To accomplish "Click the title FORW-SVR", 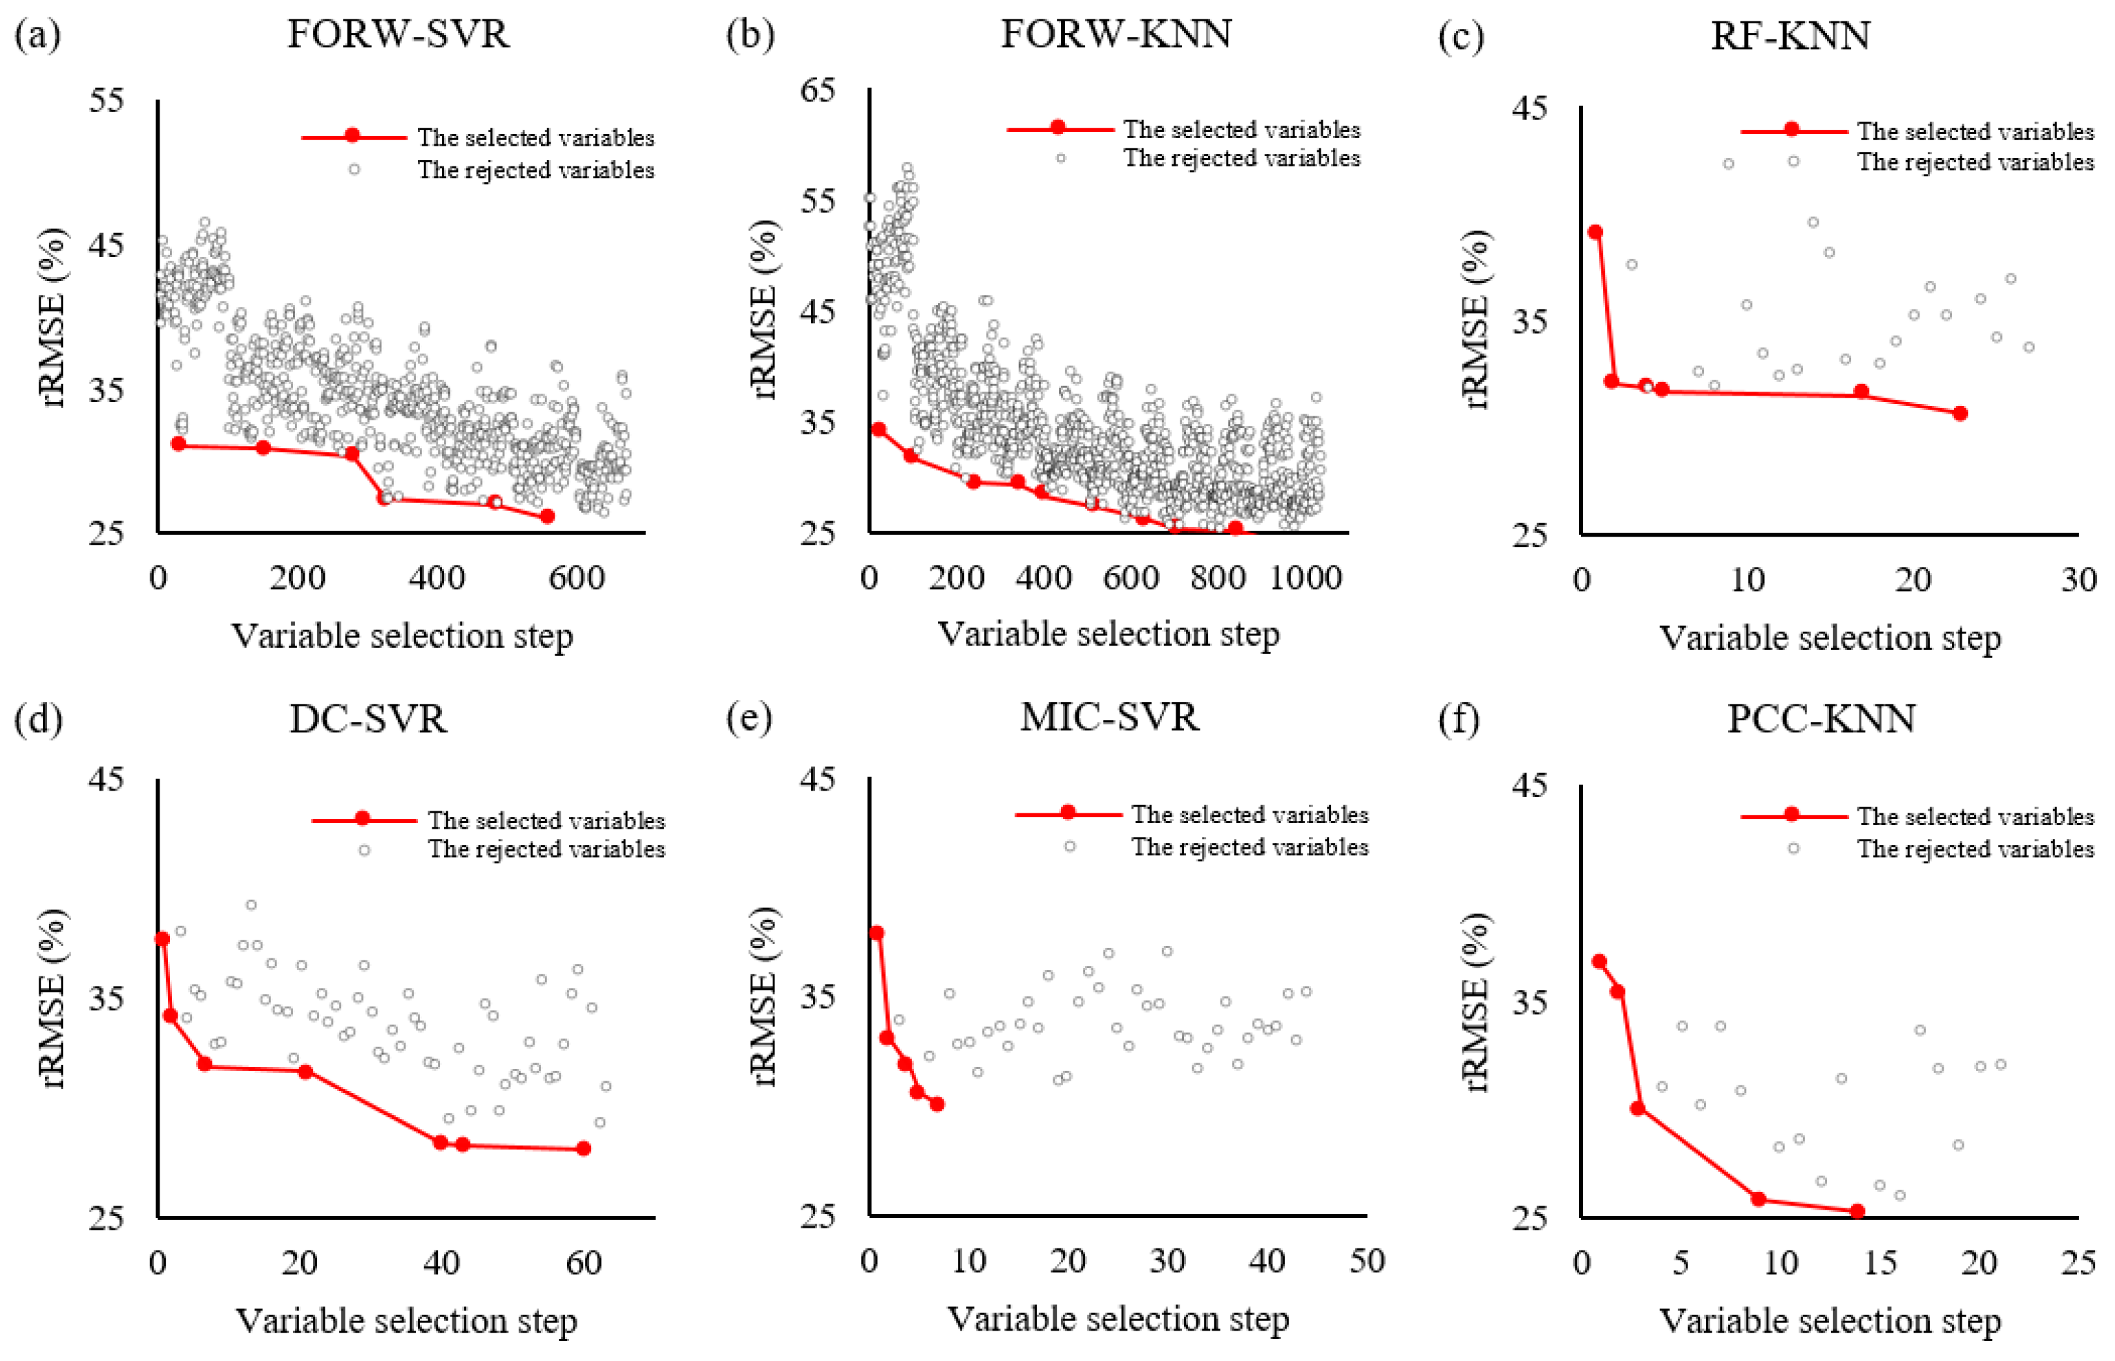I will coord(398,35).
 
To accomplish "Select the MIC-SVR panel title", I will coord(1109,717).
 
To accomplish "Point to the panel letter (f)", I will coord(1460,720).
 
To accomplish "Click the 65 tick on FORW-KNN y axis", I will coord(819,89).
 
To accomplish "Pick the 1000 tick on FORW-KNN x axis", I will coord(1305,578).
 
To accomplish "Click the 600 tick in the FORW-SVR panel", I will coord(576,578).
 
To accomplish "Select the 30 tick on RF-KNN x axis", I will coord(2078,581).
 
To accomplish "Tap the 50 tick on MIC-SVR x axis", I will coord(1366,1261).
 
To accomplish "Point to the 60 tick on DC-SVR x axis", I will coord(584,1263).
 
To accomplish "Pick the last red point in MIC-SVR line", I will coord(937,1105).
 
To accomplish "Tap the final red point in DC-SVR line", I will coord(584,1149).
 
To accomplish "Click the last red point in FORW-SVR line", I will coord(547,516).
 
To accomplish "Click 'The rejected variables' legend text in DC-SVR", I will coord(546,849).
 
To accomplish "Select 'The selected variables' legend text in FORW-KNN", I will coord(1242,130).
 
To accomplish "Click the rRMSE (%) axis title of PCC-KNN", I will coord(1477,1001).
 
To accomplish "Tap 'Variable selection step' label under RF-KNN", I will coord(1830,638).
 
